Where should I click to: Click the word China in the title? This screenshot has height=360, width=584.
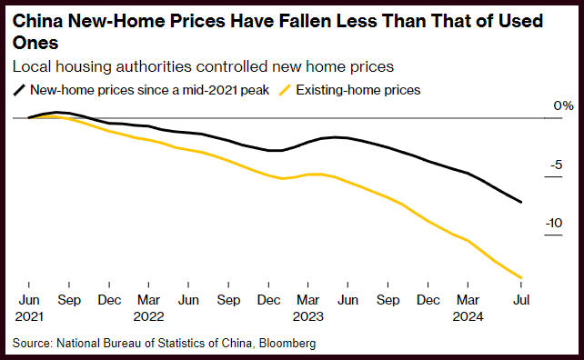coord(38,21)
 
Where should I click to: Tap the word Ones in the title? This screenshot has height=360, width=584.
coord(35,43)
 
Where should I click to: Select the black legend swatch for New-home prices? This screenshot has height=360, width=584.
coord(19,90)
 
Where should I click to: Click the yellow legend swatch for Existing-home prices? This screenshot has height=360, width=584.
coord(285,90)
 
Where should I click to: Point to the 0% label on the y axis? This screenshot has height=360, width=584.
coord(563,105)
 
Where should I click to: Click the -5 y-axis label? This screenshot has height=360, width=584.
coord(556,165)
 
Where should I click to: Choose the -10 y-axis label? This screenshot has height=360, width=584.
coord(554,223)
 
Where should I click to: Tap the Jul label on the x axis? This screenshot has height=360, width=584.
coord(521,300)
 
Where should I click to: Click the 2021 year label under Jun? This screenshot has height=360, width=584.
coord(29,316)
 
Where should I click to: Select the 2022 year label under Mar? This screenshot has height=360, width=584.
coord(148,316)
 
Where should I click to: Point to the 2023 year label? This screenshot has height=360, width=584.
coord(308,316)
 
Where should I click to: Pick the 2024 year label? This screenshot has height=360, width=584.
coord(468,316)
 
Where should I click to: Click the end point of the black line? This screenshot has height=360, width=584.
coord(520,202)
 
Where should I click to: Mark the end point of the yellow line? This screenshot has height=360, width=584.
coord(520,277)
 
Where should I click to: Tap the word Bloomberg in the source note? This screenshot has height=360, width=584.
coord(287,343)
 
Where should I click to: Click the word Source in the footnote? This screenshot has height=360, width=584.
coord(32,343)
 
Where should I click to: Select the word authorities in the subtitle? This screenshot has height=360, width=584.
coord(154,67)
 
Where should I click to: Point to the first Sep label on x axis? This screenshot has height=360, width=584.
coord(69,300)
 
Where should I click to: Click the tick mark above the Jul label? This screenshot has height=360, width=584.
coord(520,285)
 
